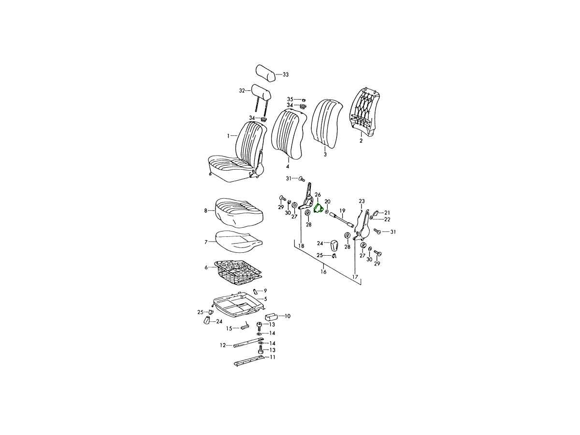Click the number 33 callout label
coord(286,75)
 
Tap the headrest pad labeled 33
coord(265,73)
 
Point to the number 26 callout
coord(318,195)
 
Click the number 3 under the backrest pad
coord(325,155)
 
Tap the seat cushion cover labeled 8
coord(239,213)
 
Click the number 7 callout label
coord(206,242)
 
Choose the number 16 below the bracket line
coord(323,272)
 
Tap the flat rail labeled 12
coord(246,343)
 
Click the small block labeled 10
coord(271,316)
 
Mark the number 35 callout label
coord(290,99)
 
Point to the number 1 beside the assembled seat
coord(228,136)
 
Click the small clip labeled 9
coord(255,291)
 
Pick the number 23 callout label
coord(362,201)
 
